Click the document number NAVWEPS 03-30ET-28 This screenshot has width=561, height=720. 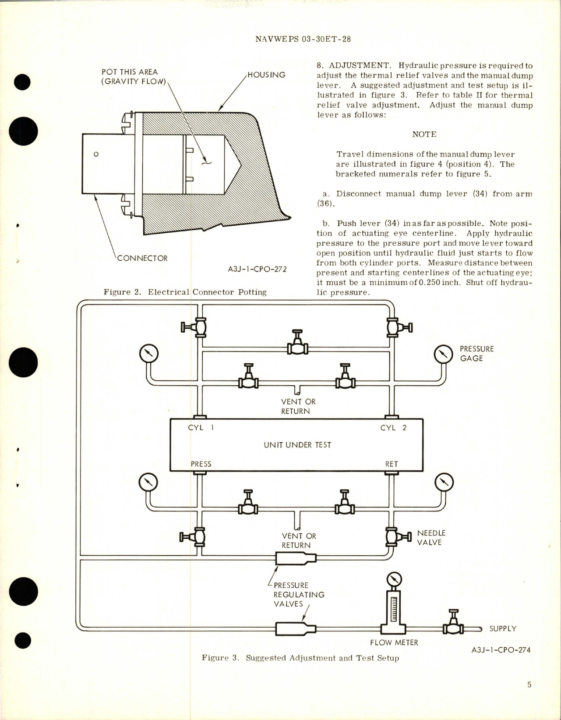[303, 39]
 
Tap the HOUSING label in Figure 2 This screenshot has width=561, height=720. [266, 75]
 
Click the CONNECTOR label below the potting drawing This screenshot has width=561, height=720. [142, 259]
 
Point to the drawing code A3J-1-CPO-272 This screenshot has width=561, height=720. [257, 269]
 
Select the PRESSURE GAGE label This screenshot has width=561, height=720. [476, 354]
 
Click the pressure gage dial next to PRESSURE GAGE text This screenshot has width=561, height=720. [443, 354]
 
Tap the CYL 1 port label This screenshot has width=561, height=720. [201, 428]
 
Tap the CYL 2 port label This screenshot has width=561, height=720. [393, 428]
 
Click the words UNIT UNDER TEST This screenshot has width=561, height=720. [297, 445]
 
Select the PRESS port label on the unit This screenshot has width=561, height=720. [201, 464]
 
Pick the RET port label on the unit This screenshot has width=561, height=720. [392, 464]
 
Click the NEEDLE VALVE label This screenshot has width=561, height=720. [431, 538]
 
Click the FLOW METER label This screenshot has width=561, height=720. [394, 642]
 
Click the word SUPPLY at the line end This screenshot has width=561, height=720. [503, 628]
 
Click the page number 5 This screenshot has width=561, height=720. [529, 685]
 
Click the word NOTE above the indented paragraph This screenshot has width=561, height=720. [424, 135]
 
